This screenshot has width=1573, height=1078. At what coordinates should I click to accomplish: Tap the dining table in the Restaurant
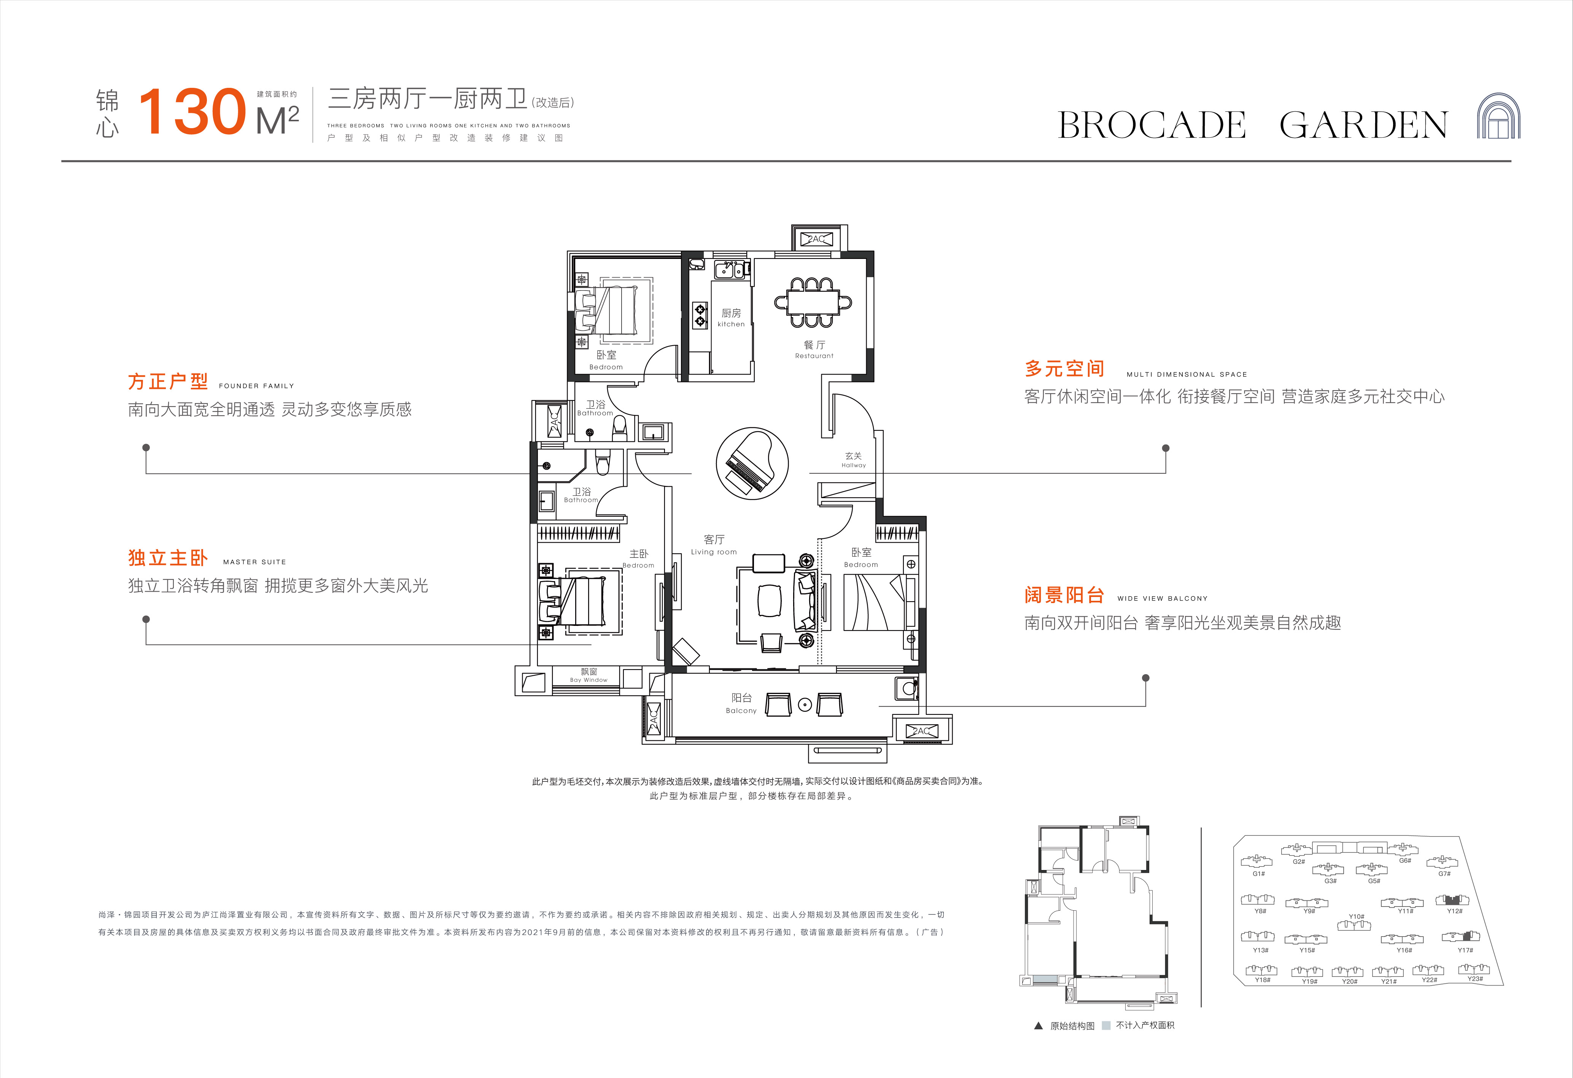pos(812,302)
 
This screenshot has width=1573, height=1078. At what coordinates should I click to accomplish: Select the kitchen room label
pos(731,318)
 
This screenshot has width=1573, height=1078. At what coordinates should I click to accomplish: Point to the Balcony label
pos(741,703)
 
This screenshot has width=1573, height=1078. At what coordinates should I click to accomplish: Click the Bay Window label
pos(589,675)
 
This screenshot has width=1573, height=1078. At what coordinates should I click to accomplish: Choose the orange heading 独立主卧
pos(168,557)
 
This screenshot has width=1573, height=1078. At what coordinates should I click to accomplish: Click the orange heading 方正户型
pos(168,382)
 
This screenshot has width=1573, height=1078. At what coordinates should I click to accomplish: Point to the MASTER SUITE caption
pos(254,562)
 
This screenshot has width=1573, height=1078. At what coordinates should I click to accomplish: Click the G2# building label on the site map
pos(1298,862)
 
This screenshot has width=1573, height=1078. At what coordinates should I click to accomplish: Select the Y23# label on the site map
pos(1475,978)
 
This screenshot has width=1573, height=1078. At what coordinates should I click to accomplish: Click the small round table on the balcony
pos(804,705)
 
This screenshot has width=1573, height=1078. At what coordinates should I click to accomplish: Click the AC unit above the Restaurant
pos(817,239)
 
